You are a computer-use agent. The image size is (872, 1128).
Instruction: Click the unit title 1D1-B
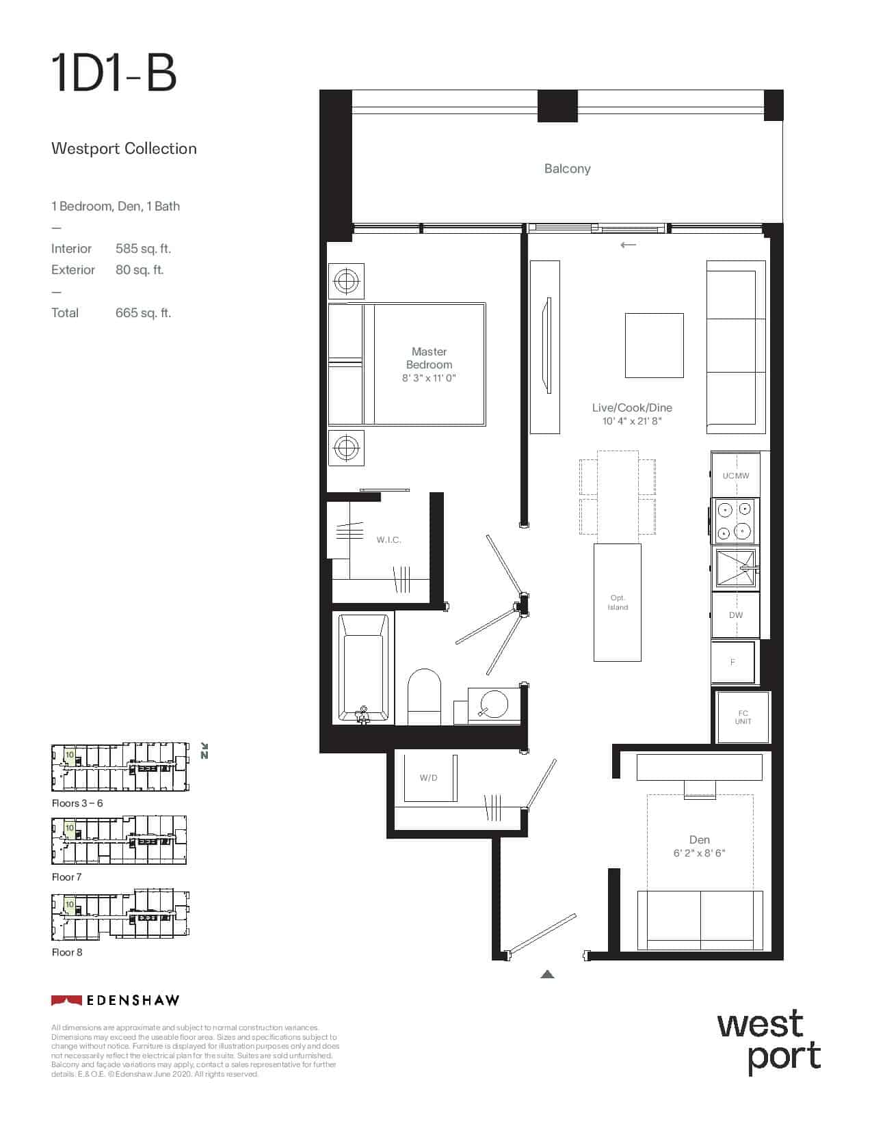pos(114,75)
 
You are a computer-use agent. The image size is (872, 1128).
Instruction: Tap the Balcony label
pos(567,169)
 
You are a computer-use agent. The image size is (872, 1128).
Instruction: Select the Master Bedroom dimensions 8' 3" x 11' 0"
pos(429,378)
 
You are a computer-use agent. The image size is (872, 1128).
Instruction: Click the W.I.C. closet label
pos(388,540)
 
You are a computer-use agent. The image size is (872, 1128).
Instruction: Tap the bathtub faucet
pos(362,714)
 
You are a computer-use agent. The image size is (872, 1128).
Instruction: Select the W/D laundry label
pos(428,777)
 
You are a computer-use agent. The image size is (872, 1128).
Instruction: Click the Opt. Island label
pos(618,602)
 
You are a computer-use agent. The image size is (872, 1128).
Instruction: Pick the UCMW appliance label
pos(735,476)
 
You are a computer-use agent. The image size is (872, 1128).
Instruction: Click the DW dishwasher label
pos(735,615)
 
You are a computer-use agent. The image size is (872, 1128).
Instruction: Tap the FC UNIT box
pos(743,717)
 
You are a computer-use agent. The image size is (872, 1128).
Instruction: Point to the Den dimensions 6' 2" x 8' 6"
pos(699,853)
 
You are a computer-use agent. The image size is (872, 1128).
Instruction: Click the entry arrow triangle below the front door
pos(547,974)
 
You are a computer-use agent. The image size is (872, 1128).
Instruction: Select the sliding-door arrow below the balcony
pos(629,245)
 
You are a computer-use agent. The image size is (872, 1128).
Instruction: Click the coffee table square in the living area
pos(654,345)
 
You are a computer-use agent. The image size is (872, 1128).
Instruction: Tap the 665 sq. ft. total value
pos(143,313)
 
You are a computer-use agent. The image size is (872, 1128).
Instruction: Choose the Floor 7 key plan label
pos(66,876)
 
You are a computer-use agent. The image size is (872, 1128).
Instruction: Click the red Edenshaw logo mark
pos(66,1000)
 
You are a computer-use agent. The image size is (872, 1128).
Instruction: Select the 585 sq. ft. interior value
pos(143,249)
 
